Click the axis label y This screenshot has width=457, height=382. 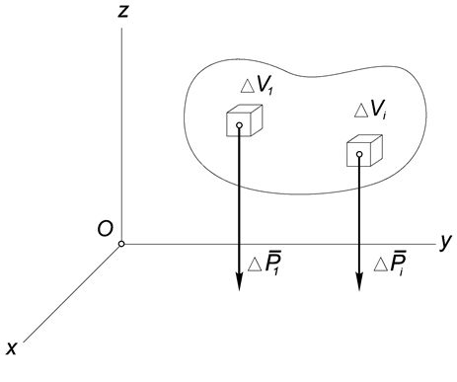(x=446, y=240)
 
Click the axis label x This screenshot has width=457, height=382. (x=13, y=348)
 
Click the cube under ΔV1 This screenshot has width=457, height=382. (x=243, y=121)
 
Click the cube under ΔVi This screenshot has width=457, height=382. (x=362, y=152)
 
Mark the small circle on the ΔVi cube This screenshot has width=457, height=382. (x=359, y=154)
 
